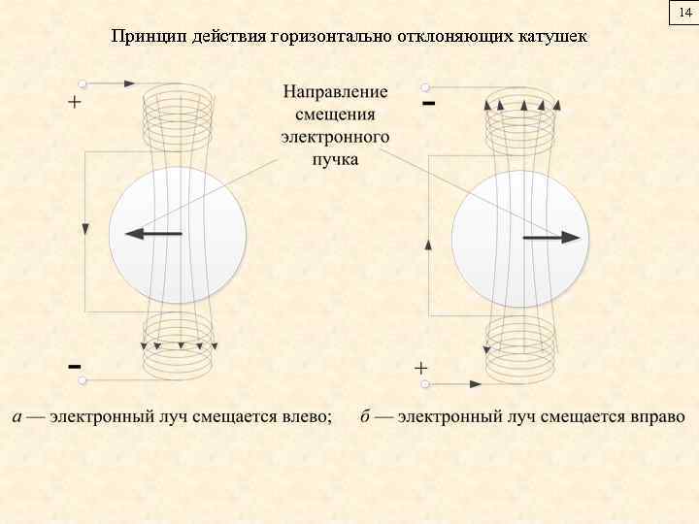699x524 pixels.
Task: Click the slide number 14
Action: click(x=685, y=13)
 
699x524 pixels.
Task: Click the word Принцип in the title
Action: click(x=143, y=37)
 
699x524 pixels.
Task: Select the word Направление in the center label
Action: click(x=335, y=92)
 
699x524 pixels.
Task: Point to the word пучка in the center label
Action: click(x=335, y=158)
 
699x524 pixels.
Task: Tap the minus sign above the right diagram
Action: click(x=428, y=101)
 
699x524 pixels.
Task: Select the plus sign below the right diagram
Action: click(x=421, y=368)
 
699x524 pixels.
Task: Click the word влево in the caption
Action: click(x=308, y=417)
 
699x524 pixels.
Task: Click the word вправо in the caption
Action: click(x=654, y=417)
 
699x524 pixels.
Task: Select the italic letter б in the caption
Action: click(x=365, y=417)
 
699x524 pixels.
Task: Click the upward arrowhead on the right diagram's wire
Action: click(x=428, y=245)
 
